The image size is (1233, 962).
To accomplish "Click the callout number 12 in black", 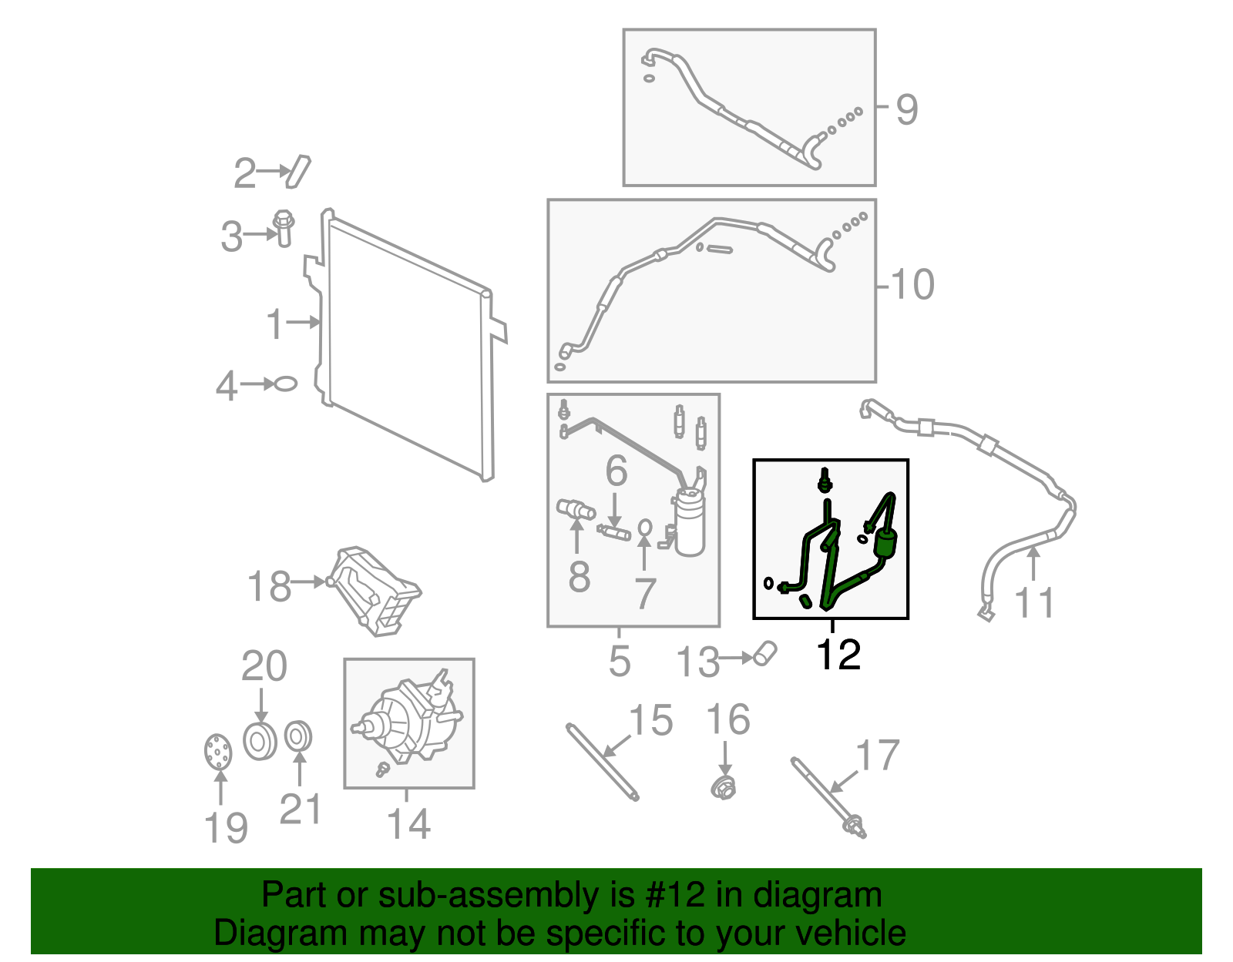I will click(838, 655).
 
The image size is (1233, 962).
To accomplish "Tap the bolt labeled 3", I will click(284, 228).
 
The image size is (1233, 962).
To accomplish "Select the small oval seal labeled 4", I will click(285, 383).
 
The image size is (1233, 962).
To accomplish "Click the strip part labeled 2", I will click(297, 171).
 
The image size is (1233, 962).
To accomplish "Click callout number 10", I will click(912, 285).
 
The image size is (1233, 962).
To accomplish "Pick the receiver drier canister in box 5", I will click(689, 523).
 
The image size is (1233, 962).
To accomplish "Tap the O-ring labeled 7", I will click(645, 528).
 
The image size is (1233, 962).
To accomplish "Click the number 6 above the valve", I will click(616, 471).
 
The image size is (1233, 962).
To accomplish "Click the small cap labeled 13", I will click(765, 652).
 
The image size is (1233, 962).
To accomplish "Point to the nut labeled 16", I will click(723, 787).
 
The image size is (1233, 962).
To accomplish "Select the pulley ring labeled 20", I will click(260, 741).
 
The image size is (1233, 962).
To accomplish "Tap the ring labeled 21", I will click(297, 736).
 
